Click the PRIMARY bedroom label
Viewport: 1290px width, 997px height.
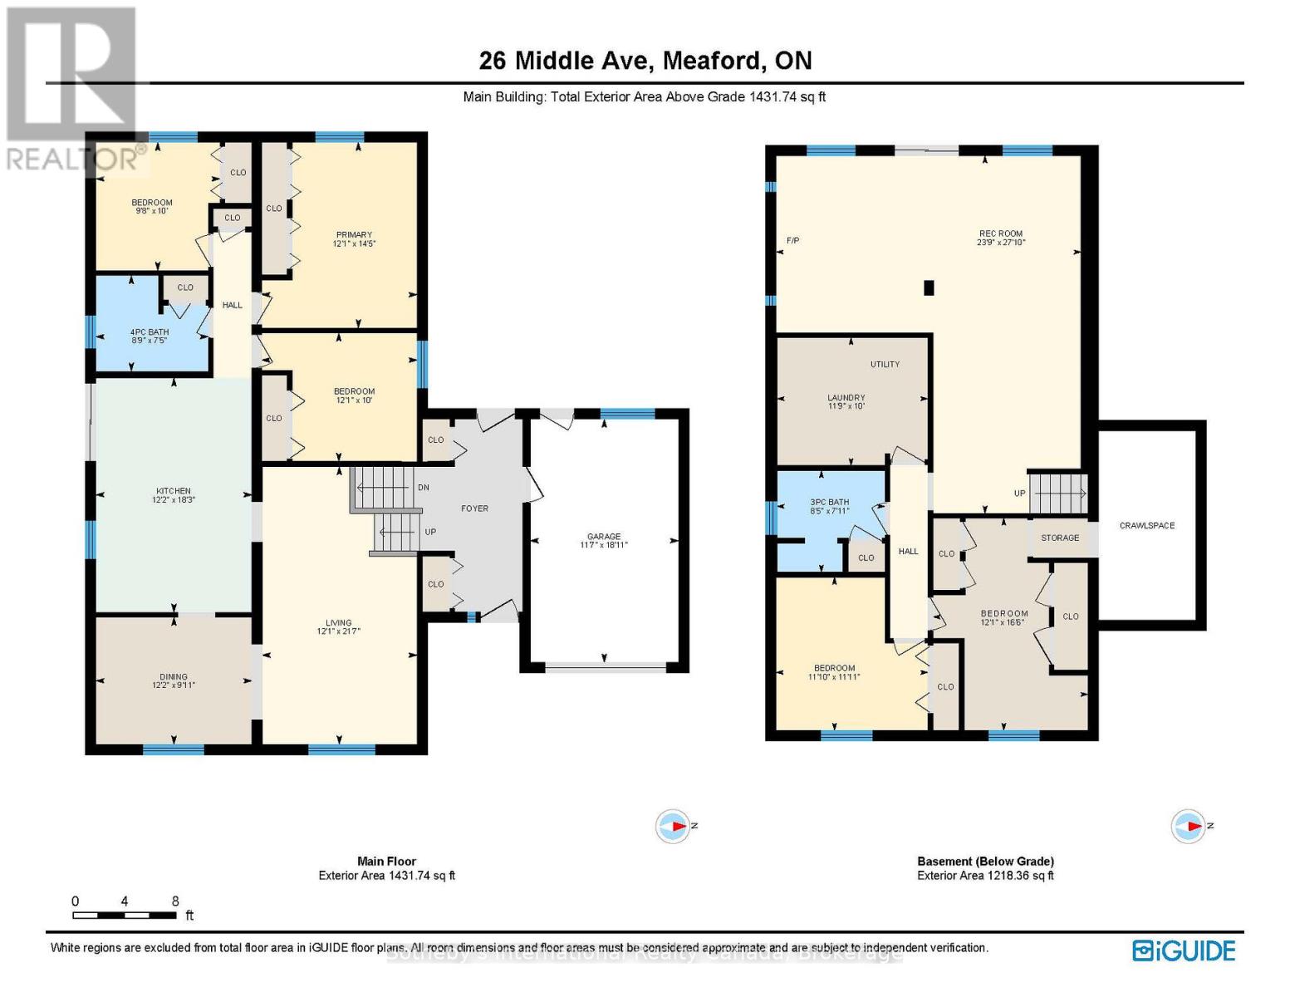coord(354,235)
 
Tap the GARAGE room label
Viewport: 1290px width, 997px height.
coord(604,537)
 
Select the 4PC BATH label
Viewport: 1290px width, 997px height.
coord(150,332)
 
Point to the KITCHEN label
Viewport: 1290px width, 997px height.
coord(173,491)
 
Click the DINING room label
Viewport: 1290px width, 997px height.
coord(174,677)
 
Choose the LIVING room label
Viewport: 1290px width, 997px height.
coord(339,623)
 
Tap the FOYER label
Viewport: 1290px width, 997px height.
coord(475,508)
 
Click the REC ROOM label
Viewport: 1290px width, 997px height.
coord(1001,234)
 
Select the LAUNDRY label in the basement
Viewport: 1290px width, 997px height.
coord(846,398)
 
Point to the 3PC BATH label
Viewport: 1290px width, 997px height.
coord(829,503)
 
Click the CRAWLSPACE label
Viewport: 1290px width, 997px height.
coord(1147,526)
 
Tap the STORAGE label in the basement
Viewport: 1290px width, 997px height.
coord(1060,538)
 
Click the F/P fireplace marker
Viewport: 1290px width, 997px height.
coord(792,241)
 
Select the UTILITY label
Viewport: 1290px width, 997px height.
coord(885,365)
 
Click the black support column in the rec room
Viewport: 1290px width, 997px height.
coord(929,288)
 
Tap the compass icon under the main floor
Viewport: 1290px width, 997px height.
coord(673,827)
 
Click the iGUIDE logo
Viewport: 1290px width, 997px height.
coord(1184,950)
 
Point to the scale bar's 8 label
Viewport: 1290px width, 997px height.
coord(175,901)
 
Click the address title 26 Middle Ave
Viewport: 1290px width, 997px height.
coord(645,61)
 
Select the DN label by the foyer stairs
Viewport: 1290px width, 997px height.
coord(423,488)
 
